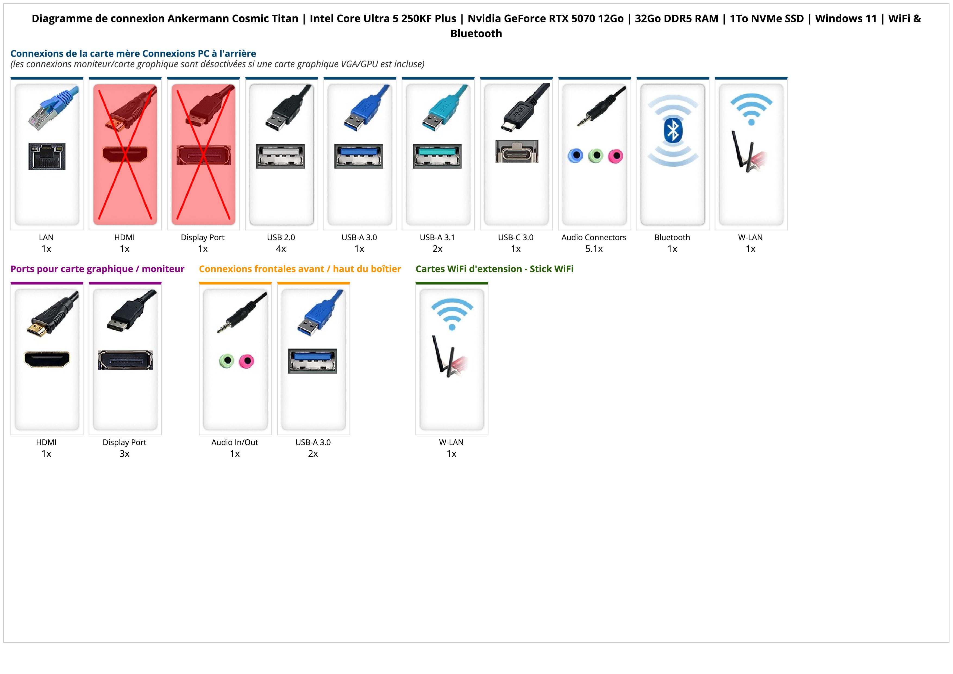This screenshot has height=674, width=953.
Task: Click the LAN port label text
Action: (x=46, y=238)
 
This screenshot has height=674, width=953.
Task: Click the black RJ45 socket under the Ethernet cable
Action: (x=47, y=156)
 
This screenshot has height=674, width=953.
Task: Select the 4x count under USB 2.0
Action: (x=281, y=249)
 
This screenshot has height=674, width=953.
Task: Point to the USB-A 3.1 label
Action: (x=437, y=238)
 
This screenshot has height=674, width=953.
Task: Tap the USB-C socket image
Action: (x=517, y=151)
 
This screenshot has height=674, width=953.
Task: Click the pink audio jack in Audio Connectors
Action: (x=616, y=156)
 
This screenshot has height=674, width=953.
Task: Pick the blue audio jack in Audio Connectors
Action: (x=576, y=156)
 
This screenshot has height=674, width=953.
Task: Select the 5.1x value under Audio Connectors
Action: (x=594, y=249)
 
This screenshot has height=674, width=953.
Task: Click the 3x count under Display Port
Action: (x=124, y=454)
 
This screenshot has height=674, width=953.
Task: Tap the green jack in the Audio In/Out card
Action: (x=227, y=361)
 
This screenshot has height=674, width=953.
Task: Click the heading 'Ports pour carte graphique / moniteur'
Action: (x=98, y=269)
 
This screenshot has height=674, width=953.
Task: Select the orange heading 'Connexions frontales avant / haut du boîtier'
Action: (x=300, y=269)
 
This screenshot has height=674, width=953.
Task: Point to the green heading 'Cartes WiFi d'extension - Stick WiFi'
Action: (x=494, y=269)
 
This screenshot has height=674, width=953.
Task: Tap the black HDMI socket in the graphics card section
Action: (x=47, y=359)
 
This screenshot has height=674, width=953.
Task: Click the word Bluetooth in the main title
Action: (x=476, y=34)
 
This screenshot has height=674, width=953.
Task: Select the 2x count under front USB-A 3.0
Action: (x=313, y=454)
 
